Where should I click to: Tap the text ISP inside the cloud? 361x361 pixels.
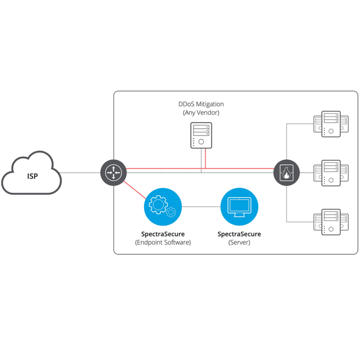tap(32, 176)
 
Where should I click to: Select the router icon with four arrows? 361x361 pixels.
tap(113, 173)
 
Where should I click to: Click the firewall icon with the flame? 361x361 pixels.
tap(287, 173)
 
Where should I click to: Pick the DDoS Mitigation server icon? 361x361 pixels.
tap(201, 136)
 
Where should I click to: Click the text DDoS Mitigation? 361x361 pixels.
tap(201, 104)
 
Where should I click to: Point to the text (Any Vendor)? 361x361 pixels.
tap(201, 113)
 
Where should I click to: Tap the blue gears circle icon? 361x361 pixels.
tap(163, 207)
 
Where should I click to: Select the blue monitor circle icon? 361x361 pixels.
tap(239, 207)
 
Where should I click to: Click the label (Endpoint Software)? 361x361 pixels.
tap(163, 242)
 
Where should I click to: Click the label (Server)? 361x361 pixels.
tap(239, 242)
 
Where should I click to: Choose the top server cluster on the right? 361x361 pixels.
tap(331, 124)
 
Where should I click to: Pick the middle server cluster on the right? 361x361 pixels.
tap(331, 173)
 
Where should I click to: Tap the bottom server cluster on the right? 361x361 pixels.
tap(331, 222)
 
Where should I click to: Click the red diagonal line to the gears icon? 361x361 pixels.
tap(135, 190)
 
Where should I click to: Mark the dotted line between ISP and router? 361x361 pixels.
tap(80, 173)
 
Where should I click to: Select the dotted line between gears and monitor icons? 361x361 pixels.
tap(201, 207)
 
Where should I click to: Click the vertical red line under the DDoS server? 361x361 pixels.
tap(205, 158)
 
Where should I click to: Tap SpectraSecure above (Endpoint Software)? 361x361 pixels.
tap(163, 234)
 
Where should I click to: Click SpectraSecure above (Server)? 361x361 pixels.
tap(239, 234)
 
